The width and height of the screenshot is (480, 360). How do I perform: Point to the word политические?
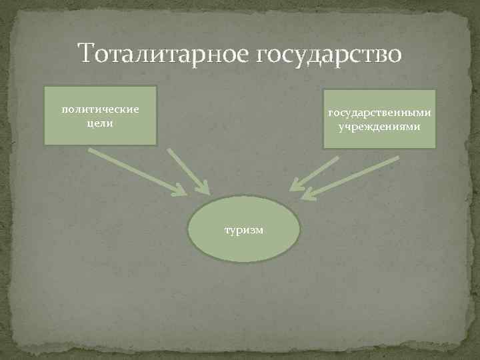tap(100, 109)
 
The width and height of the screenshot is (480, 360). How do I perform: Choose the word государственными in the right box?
tap(379, 113)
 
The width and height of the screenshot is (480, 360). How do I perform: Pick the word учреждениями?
tap(379, 126)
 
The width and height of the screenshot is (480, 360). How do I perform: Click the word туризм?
tap(244, 229)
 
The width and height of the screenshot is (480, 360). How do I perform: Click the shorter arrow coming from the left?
tap(187, 170)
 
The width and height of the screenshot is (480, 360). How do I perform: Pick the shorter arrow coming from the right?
tap(315, 173)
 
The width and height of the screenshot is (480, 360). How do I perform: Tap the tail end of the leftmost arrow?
tap(91, 151)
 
